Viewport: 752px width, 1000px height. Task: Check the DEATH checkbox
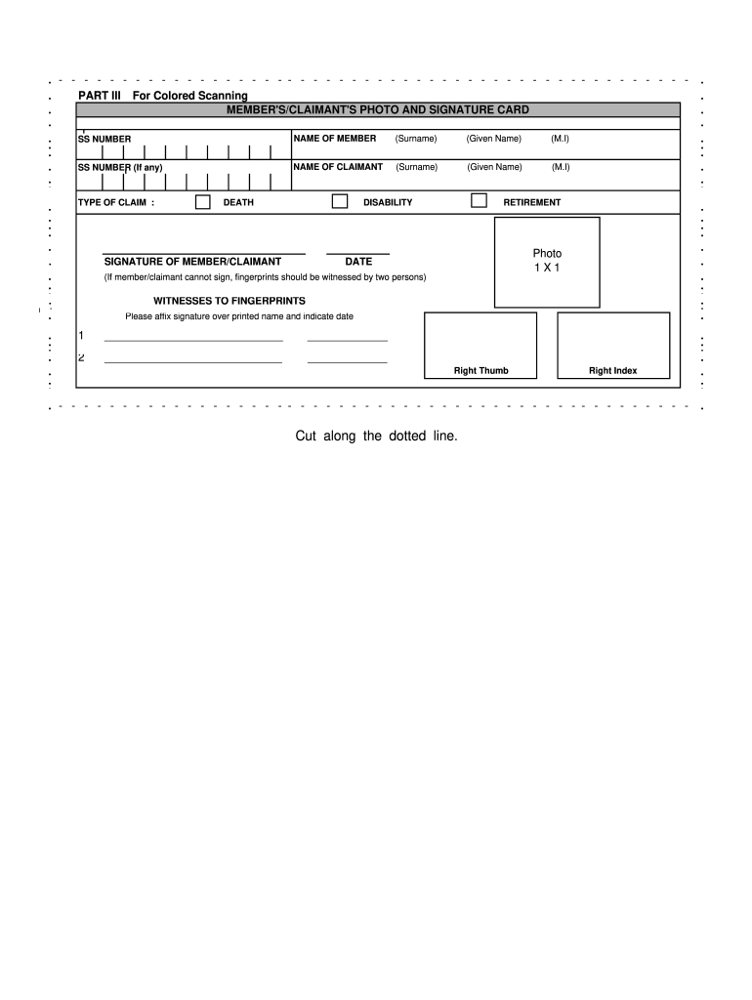[203, 202]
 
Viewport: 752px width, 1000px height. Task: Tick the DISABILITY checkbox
[340, 201]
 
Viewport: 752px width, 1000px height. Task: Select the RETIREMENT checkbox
[479, 201]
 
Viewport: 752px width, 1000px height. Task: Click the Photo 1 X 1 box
[547, 261]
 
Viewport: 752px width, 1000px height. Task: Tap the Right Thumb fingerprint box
[480, 345]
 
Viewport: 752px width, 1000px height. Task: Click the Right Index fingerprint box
[612, 345]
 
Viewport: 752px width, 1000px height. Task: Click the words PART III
[99, 96]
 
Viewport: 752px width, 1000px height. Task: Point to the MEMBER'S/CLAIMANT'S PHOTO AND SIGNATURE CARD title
[378, 109]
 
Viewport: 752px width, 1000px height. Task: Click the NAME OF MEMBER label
[335, 139]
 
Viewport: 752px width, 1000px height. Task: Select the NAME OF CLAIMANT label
[338, 167]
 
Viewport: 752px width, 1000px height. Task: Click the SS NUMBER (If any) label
[120, 168]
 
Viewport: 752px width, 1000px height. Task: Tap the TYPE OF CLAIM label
[116, 203]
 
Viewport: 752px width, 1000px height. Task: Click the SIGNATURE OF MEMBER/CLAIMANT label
[192, 262]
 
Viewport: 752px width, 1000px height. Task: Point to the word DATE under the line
[358, 262]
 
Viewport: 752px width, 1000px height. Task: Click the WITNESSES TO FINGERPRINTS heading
[230, 300]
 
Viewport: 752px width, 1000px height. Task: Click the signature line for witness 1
[193, 340]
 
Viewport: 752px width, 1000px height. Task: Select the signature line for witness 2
[193, 361]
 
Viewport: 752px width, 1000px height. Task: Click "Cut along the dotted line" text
[376, 436]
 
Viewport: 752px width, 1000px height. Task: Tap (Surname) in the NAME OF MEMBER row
[416, 139]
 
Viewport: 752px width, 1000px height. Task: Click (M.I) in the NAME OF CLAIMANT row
[560, 167]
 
